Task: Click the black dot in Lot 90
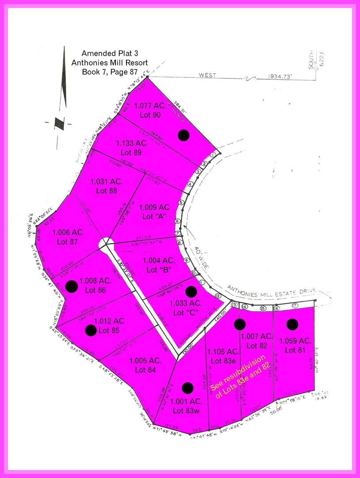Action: pos(184,135)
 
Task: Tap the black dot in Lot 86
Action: pos(71,286)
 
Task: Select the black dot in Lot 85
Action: pos(91,330)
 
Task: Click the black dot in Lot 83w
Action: pos(188,388)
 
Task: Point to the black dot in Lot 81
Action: pos(292,324)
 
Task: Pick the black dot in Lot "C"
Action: pos(191,291)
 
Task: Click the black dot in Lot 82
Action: pos(239,324)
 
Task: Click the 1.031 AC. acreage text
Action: pos(107,182)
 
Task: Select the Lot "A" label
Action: pos(154,216)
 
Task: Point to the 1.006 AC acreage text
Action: pos(67,232)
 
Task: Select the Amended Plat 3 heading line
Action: pos(110,54)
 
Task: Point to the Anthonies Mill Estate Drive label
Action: pos(272,291)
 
